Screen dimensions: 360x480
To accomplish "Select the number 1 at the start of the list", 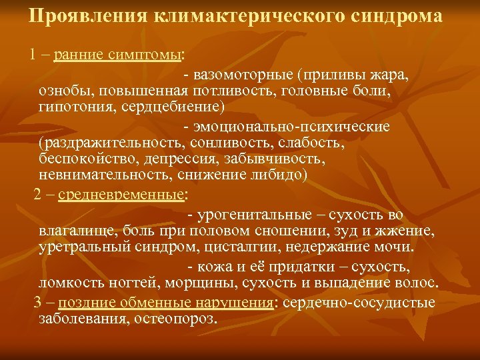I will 32,54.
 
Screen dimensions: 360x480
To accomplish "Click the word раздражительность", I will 113,142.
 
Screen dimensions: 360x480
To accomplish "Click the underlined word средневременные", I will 121,195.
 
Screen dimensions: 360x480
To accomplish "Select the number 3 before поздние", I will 37,303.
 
